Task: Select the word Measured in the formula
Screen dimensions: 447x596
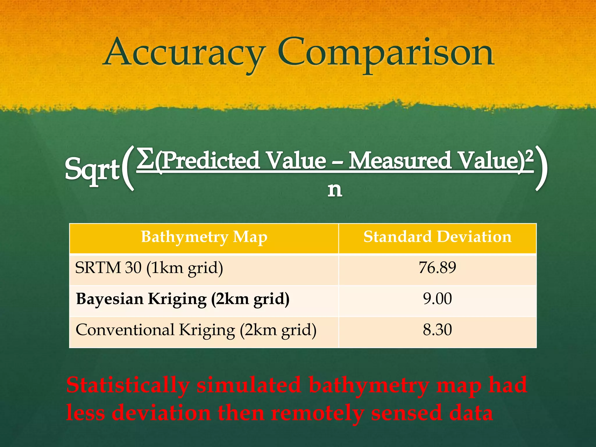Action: pos(400,161)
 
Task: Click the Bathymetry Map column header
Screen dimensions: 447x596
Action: pos(204,237)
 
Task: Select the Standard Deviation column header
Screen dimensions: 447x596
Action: pos(437,237)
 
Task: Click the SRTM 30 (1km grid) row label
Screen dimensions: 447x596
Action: pos(149,268)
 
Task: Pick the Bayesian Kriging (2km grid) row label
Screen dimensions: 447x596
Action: pos(183,299)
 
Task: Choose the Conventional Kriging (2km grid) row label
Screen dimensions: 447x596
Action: pos(196,330)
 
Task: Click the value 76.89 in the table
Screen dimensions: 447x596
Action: pos(437,268)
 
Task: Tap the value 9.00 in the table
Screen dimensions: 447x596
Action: pos(437,299)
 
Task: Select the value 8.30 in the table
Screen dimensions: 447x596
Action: pos(437,330)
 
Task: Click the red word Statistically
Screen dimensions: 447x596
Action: pos(128,386)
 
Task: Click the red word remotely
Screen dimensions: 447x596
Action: pos(317,413)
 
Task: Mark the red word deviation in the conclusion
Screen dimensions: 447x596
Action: pos(161,413)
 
